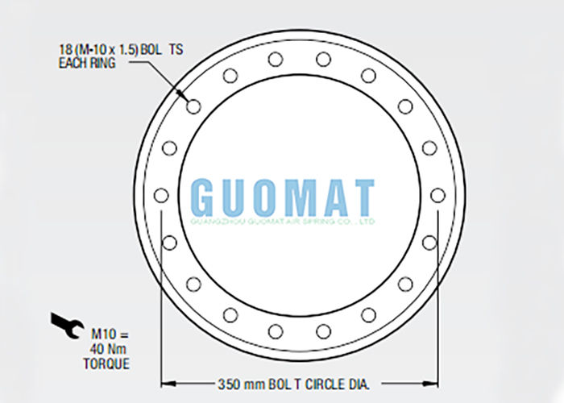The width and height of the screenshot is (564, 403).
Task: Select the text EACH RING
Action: pyautogui.click(x=86, y=62)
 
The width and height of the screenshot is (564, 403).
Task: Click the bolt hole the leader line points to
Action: pyautogui.click(x=193, y=106)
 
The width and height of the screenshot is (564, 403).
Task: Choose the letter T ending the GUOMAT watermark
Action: pyautogui.click(x=363, y=196)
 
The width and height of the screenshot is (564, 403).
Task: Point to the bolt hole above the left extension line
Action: pyautogui.click(x=161, y=195)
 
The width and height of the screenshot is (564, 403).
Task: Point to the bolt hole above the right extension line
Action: pyautogui.click(x=438, y=195)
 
